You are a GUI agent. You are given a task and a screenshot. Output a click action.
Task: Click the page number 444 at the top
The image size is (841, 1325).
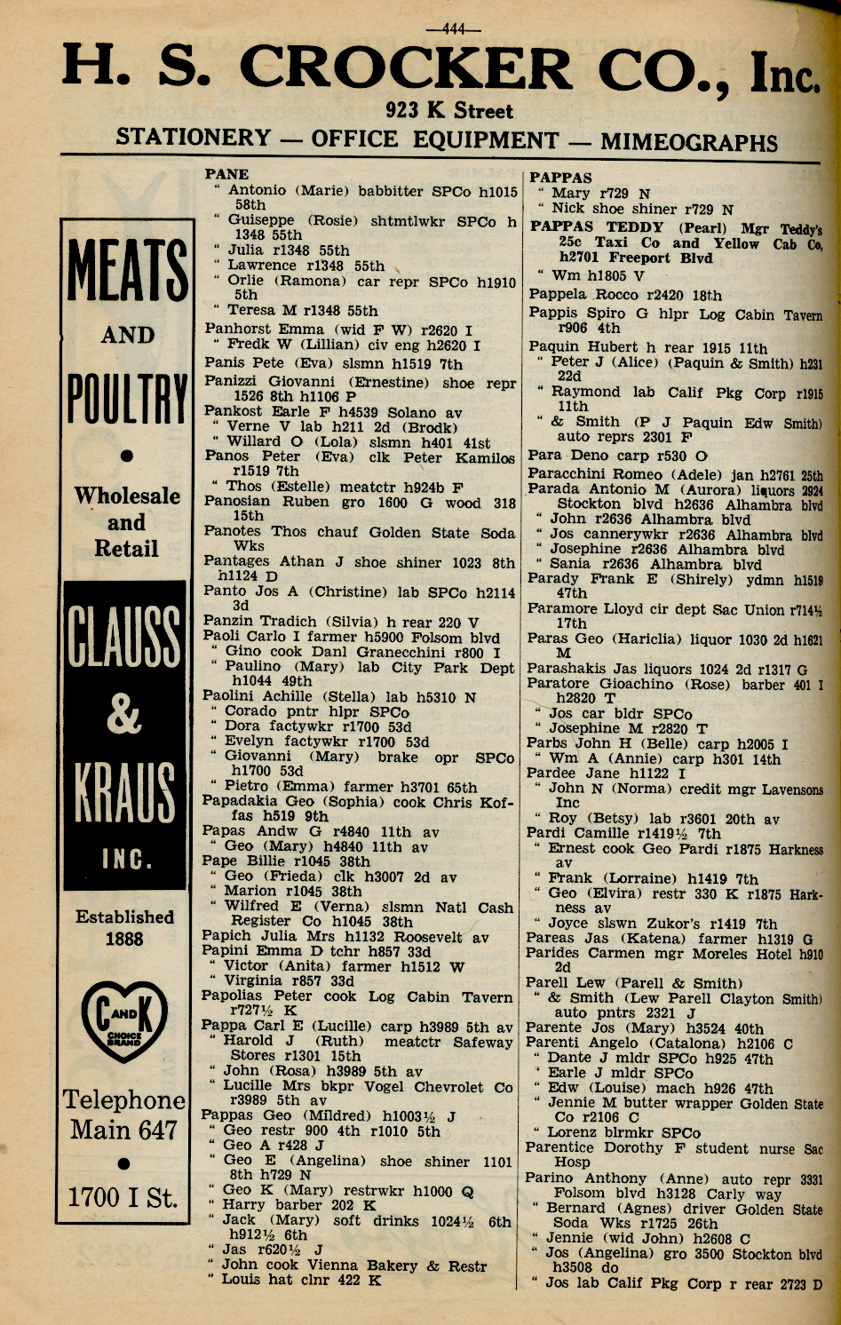click(454, 28)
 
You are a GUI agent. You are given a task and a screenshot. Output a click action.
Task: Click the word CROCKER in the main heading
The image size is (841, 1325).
click(405, 70)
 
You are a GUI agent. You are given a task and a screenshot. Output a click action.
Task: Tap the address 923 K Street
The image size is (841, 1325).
click(449, 111)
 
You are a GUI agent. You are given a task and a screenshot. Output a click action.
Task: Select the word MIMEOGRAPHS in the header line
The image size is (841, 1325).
click(689, 142)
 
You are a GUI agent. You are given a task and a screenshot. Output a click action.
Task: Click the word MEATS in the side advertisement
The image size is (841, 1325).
click(127, 270)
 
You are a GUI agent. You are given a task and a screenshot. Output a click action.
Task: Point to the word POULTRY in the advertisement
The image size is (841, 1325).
click(127, 399)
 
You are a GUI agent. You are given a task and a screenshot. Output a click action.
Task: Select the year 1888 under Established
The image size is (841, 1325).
click(124, 938)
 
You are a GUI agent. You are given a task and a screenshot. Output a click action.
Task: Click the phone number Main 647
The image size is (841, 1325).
click(124, 1131)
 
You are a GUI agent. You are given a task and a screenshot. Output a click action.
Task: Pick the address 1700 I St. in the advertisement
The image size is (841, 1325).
click(124, 1198)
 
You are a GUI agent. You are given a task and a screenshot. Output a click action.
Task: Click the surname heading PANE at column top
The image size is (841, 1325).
click(226, 174)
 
